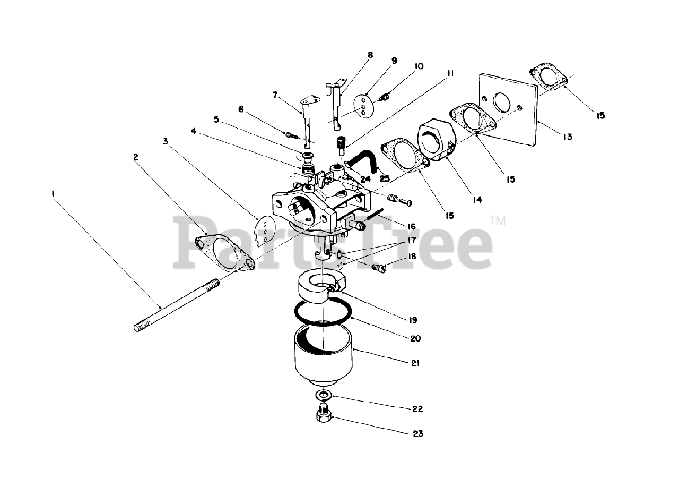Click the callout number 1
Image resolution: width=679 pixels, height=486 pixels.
(x=53, y=193)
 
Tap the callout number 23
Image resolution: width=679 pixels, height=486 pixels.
(x=418, y=434)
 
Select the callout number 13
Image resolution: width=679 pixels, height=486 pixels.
(x=568, y=137)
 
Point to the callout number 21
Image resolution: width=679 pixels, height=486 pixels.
(x=415, y=363)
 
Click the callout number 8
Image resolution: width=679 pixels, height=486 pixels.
(x=370, y=55)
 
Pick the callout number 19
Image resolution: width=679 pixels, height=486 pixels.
(x=413, y=320)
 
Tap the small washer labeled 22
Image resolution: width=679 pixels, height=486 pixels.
(x=324, y=395)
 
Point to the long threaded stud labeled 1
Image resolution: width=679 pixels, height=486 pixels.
(x=177, y=305)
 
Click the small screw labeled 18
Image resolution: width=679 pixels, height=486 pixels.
(x=379, y=268)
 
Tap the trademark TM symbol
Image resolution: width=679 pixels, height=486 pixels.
(x=498, y=220)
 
